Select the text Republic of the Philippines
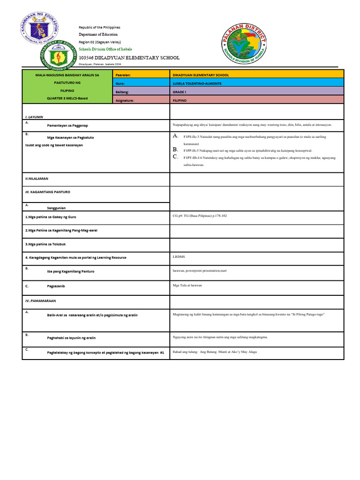pos(99,28)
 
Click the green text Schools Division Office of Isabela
pos(105,49)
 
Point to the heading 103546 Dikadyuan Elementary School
pos(129,58)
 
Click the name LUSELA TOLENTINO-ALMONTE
pos(197,83)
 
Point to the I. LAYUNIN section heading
pos(34,116)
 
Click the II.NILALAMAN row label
pos(37,179)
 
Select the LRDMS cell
pos(178,256)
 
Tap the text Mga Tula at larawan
pos(187,285)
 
